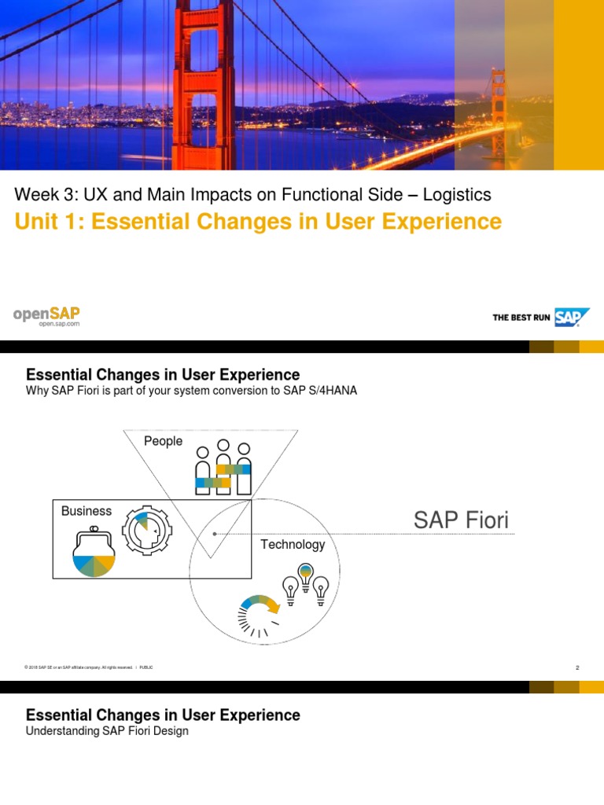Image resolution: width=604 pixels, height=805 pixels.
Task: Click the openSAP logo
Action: pyautogui.click(x=46, y=316)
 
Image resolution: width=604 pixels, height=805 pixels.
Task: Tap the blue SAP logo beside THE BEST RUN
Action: pyautogui.click(x=572, y=317)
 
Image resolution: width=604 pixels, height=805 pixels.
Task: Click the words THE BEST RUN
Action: pyautogui.click(x=521, y=318)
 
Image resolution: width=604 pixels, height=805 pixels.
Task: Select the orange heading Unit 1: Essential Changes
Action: pyautogui.click(x=258, y=222)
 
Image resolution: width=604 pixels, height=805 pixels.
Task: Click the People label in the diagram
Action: pyautogui.click(x=163, y=441)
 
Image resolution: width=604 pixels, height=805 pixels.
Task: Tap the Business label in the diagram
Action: pyautogui.click(x=87, y=511)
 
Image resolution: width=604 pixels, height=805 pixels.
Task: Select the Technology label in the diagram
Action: pyautogui.click(x=293, y=544)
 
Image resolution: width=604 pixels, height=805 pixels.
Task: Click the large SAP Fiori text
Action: pyautogui.click(x=461, y=520)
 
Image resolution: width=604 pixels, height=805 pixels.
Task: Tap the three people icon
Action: pyautogui.click(x=223, y=470)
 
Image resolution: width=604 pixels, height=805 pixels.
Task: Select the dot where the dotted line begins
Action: pyautogui.click(x=215, y=534)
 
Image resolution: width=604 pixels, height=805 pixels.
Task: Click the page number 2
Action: pyautogui.click(x=577, y=667)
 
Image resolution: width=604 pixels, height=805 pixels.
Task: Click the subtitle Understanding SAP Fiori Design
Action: pyautogui.click(x=108, y=731)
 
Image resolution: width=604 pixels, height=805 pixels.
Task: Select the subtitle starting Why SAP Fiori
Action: pyautogui.click(x=192, y=391)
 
